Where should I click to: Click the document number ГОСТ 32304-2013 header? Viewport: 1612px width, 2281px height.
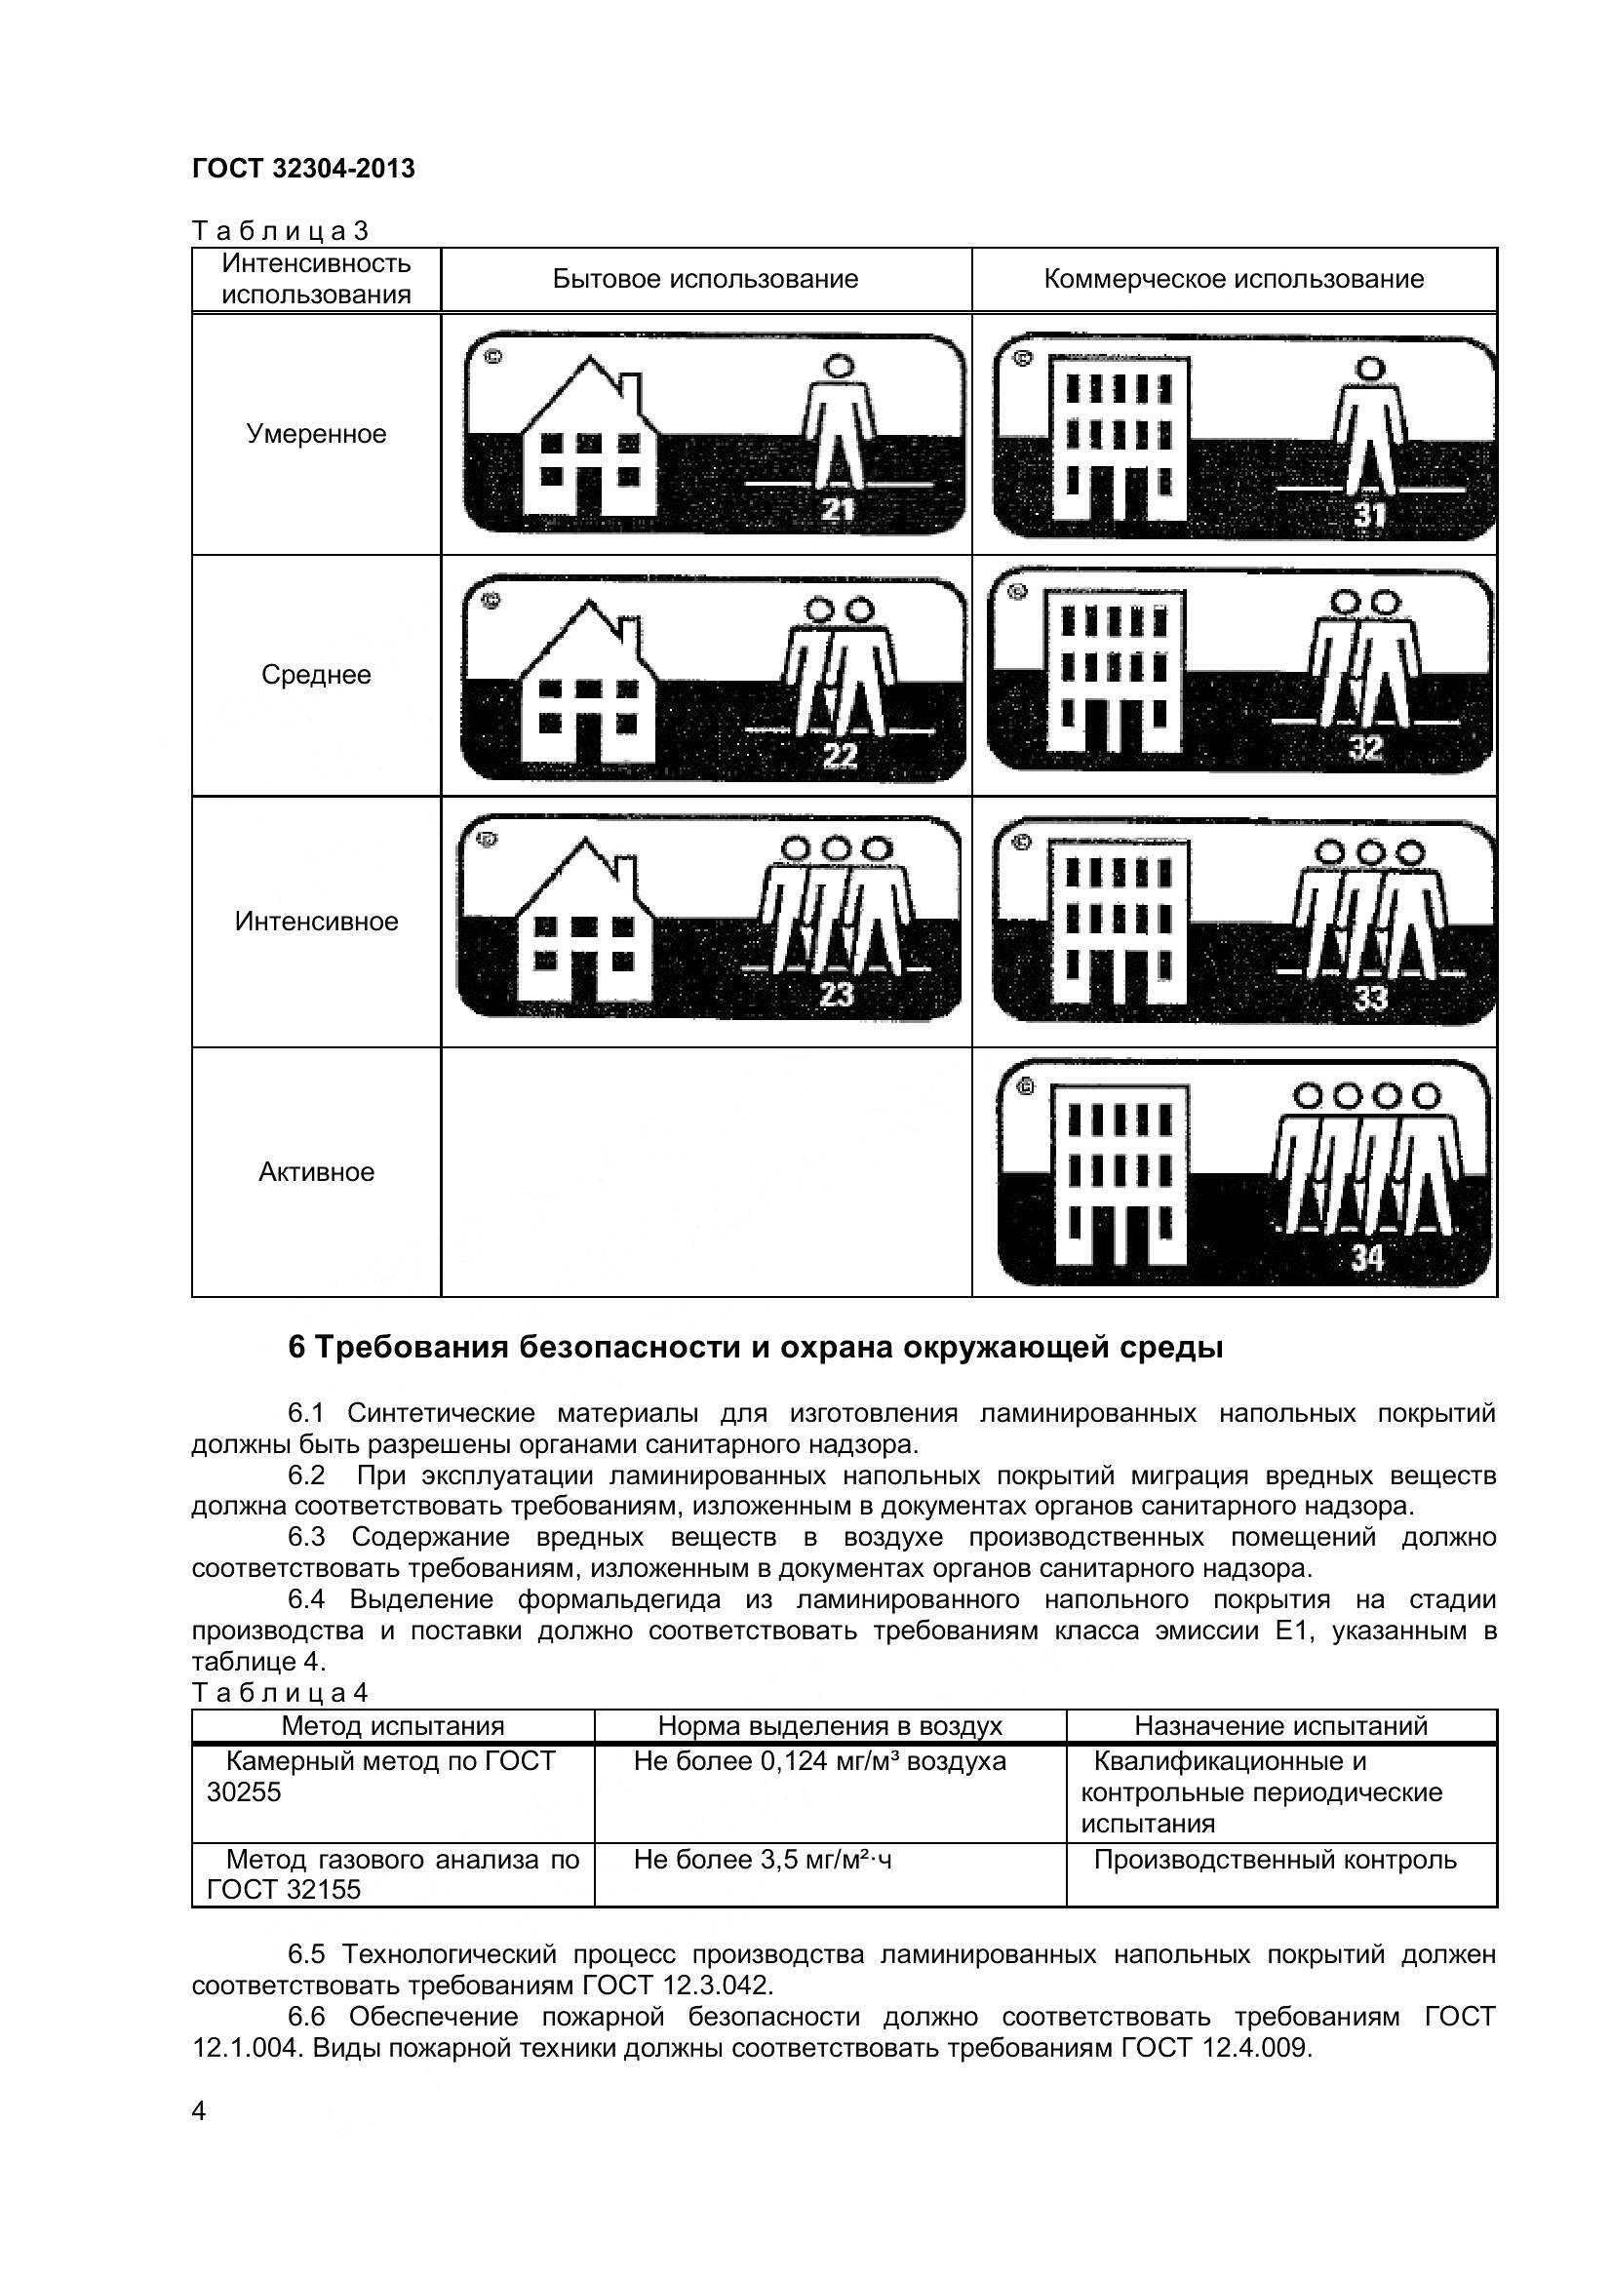pyautogui.click(x=303, y=169)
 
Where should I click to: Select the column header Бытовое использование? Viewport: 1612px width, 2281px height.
pyautogui.click(x=705, y=279)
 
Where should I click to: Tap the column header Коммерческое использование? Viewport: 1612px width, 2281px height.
pyautogui.click(x=1234, y=279)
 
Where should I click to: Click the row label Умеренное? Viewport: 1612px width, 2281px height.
pyautogui.click(x=316, y=434)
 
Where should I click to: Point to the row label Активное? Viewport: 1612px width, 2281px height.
pyautogui.click(x=316, y=1172)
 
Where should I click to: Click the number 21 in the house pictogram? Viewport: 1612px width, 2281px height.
pyautogui.click(x=838, y=511)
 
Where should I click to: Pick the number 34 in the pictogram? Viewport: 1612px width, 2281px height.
pyautogui.click(x=1366, y=1259)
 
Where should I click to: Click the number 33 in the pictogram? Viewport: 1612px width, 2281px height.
pyautogui.click(x=1369, y=999)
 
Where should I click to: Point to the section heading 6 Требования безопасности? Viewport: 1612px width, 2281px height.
pyautogui.click(x=755, y=1348)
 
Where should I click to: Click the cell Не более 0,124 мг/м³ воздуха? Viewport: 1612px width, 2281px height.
pyautogui.click(x=819, y=1762)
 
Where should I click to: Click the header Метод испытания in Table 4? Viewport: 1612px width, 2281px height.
pyautogui.click(x=392, y=1726)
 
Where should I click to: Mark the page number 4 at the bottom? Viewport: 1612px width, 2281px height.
pyautogui.click(x=199, y=2138)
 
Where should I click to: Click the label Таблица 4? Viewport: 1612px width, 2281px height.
pyautogui.click(x=279, y=1692)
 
